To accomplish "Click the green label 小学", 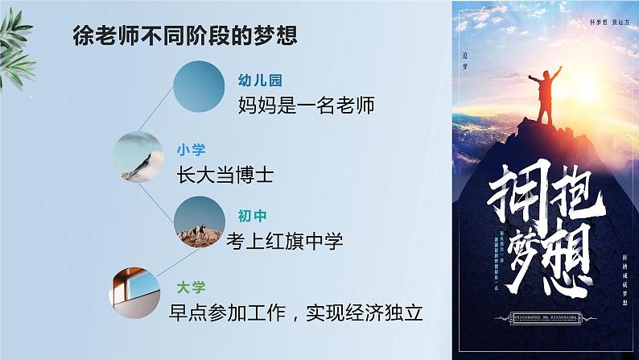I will point(192,149).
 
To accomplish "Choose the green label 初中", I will point(253,216).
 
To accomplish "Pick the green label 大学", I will point(192,286).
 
